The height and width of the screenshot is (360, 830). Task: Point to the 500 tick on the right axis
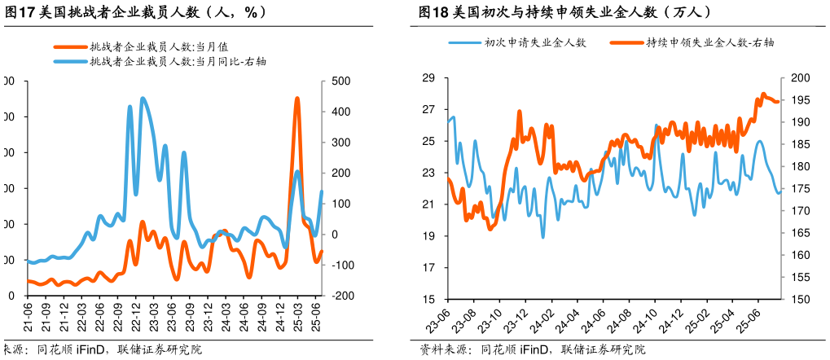coord(339,81)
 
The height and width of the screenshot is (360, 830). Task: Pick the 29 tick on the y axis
coord(429,78)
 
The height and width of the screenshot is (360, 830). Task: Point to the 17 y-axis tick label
coord(429,268)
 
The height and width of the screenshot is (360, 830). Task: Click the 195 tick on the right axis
coord(801,100)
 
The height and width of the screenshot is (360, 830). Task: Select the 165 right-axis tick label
coord(801,233)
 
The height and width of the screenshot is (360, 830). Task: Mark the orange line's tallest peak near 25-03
coord(296,99)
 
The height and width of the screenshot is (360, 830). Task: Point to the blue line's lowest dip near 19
coord(543,237)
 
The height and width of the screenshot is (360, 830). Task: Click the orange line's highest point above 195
coord(763,94)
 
